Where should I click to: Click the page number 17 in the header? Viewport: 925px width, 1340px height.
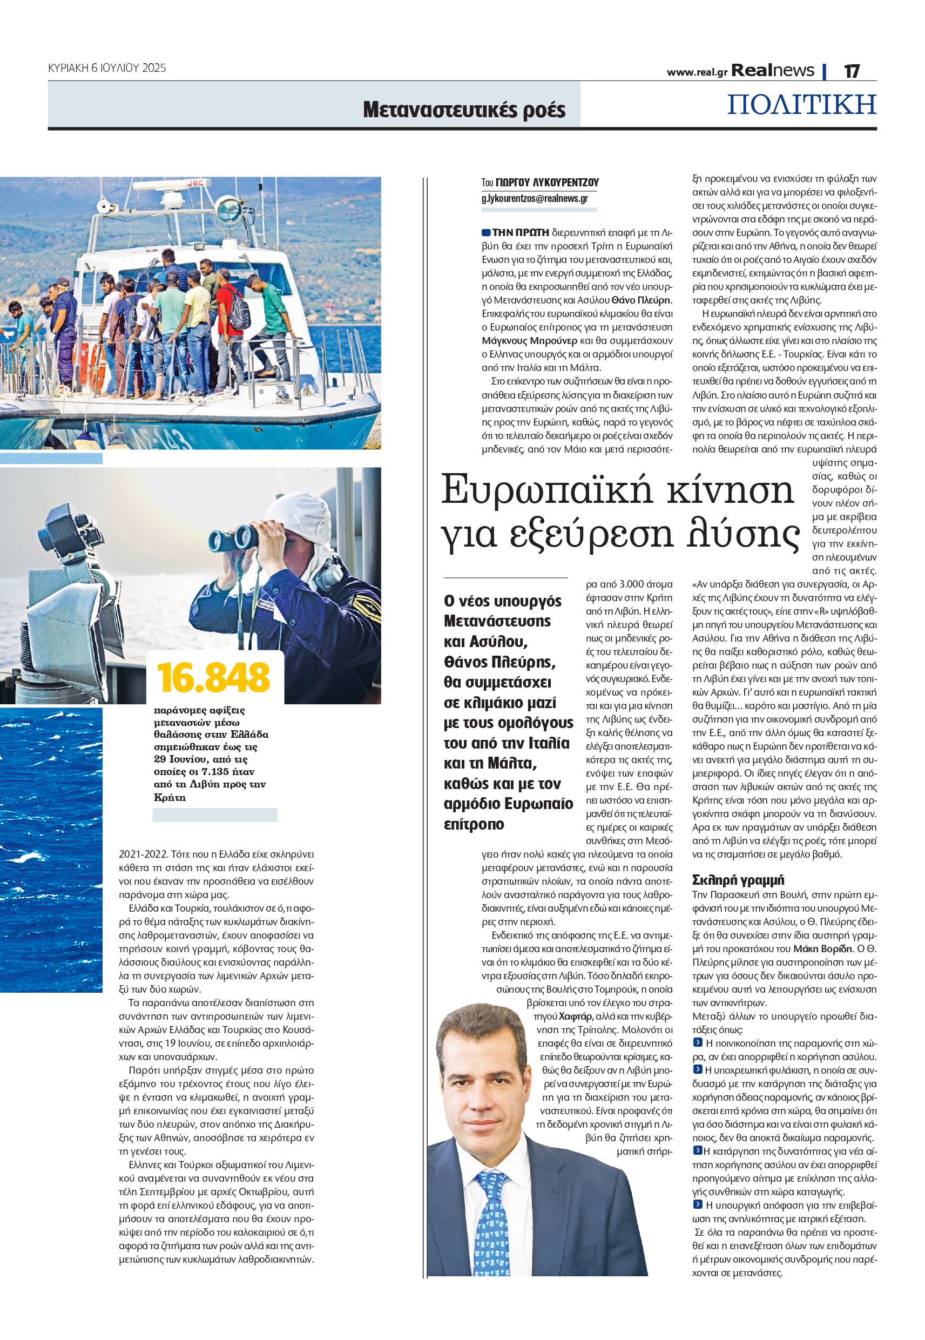tap(851, 71)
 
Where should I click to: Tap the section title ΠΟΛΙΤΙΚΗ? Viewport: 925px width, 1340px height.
tap(801, 105)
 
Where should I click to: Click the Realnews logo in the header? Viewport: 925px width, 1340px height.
tap(772, 71)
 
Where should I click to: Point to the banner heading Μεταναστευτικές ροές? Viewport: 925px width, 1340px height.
tap(464, 110)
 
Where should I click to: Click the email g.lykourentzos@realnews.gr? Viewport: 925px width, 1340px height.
tap(535, 198)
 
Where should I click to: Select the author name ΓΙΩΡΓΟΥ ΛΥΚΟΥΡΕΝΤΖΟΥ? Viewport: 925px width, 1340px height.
tap(547, 183)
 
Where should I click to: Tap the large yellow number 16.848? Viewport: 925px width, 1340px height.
tap(213, 677)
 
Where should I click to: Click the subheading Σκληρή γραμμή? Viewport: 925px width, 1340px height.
tap(738, 880)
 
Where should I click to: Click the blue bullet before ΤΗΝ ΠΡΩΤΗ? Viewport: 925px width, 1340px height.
tap(485, 232)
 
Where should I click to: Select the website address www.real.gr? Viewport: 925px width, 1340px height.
tap(697, 72)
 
